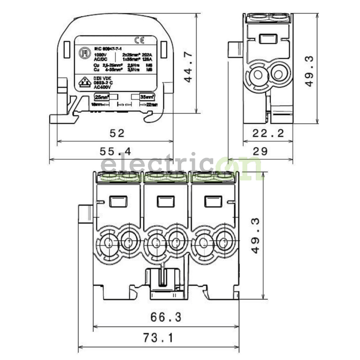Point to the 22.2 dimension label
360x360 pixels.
(x=268, y=134)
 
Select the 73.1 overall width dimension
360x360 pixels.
(x=158, y=338)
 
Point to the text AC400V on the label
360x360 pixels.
(x=102, y=86)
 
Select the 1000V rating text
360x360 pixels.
(x=100, y=54)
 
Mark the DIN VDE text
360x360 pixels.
(x=101, y=78)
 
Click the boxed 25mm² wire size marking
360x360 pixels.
(x=102, y=96)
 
